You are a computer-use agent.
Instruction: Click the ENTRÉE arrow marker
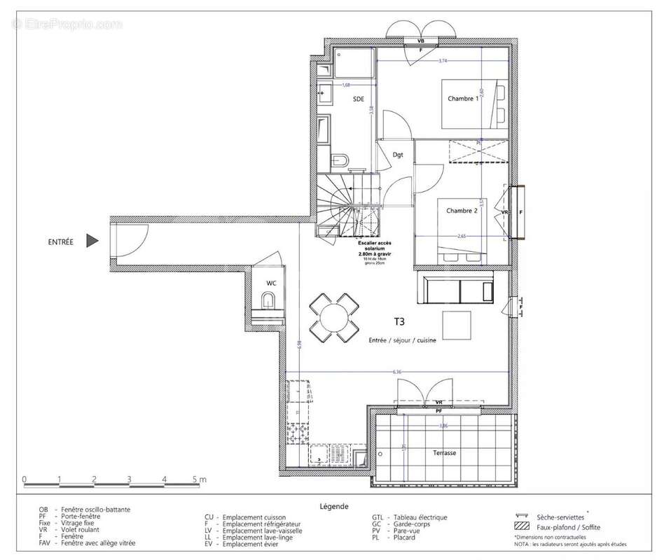point(92,241)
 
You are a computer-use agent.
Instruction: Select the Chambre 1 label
point(463,99)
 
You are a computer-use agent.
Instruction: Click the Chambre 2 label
point(462,211)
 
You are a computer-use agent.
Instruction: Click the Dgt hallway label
point(398,155)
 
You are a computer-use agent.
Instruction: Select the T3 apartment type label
point(399,322)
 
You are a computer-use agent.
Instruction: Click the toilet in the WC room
point(268,302)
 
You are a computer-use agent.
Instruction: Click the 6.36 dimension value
point(397,372)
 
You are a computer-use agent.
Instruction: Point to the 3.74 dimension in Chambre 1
point(442,62)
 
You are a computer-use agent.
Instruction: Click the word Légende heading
point(333,505)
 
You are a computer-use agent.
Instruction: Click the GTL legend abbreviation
point(377,518)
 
